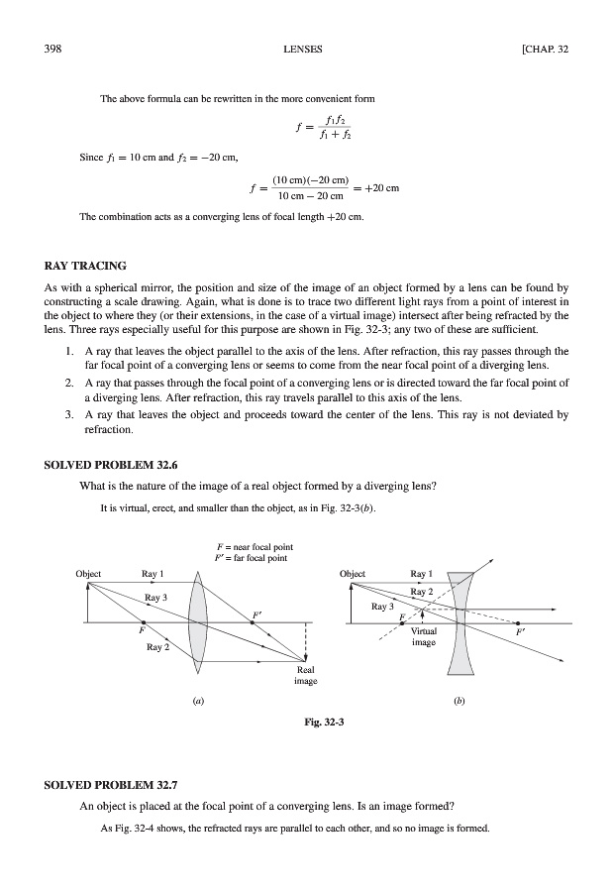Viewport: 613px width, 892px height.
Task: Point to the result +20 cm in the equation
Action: coord(377,188)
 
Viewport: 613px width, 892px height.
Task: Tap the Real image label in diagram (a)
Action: coord(305,675)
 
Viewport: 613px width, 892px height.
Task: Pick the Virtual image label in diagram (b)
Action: coord(425,635)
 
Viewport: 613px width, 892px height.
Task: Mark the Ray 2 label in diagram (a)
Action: coord(158,647)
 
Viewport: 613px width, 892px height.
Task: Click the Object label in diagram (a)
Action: coord(91,573)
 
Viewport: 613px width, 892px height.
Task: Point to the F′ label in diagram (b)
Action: coord(522,629)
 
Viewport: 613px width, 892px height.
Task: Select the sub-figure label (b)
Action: coord(459,701)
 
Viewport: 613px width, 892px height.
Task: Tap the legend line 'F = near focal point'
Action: coord(253,546)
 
